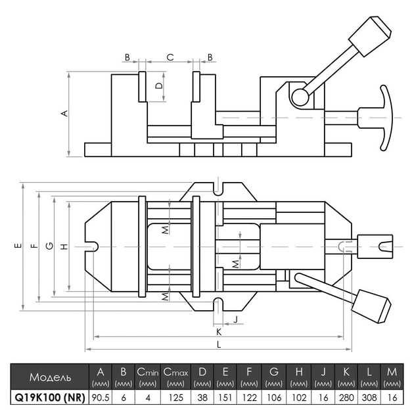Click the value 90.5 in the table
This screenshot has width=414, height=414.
click(x=101, y=398)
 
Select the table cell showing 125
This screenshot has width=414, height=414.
click(x=176, y=398)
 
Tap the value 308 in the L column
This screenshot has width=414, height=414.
click(x=369, y=398)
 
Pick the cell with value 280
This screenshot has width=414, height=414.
click(x=346, y=398)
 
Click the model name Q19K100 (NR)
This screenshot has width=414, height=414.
click(x=50, y=398)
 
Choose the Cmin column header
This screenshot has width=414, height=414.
click(x=148, y=377)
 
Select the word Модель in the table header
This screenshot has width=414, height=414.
click(x=50, y=377)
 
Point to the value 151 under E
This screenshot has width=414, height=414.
click(x=225, y=398)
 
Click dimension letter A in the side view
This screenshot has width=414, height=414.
click(x=64, y=113)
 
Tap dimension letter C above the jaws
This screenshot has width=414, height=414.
click(x=170, y=57)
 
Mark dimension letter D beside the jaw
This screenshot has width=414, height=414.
click(x=159, y=86)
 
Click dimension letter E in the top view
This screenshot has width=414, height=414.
click(x=18, y=246)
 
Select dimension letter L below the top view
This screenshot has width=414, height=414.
click(x=219, y=344)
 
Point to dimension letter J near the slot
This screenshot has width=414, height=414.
click(x=236, y=319)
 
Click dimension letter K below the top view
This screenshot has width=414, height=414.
click(x=219, y=332)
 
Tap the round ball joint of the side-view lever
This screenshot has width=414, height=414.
click(x=300, y=97)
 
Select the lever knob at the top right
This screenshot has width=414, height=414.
click(x=370, y=36)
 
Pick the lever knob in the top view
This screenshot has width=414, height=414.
click(x=371, y=306)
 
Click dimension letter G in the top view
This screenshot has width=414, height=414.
click(x=49, y=246)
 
